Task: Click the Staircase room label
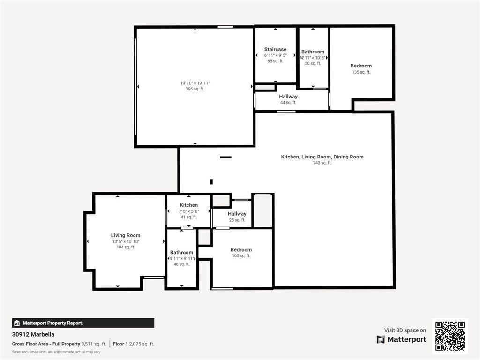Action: tap(275, 49)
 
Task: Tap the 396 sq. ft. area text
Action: tap(195, 89)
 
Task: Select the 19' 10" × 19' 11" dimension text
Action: tap(195, 83)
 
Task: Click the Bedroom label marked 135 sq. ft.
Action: tap(361, 66)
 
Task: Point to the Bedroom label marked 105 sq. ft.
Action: tap(241, 250)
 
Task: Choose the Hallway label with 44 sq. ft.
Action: tap(288, 97)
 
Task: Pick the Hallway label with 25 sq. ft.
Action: tap(237, 214)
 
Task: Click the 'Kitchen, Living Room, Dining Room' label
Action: tap(322, 157)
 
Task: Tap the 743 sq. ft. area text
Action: tap(322, 163)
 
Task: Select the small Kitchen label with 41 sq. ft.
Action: tap(188, 205)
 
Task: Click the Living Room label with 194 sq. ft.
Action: tap(126, 235)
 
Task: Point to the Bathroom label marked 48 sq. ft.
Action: tap(181, 253)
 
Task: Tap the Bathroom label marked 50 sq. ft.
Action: tap(313, 52)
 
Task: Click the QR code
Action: tap(450, 336)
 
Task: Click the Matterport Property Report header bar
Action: tap(83, 323)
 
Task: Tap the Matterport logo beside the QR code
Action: tap(401, 339)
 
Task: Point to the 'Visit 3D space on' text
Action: tap(405, 330)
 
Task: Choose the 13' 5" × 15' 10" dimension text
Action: tap(126, 241)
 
